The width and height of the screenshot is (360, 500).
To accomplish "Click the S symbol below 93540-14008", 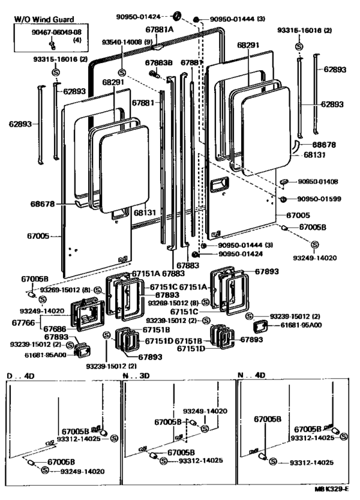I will click(x=122, y=72).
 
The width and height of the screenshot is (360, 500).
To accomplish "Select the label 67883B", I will click(x=158, y=62).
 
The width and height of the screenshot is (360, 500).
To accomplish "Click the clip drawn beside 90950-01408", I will click(x=283, y=183).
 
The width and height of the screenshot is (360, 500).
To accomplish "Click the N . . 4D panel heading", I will click(x=251, y=375).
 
